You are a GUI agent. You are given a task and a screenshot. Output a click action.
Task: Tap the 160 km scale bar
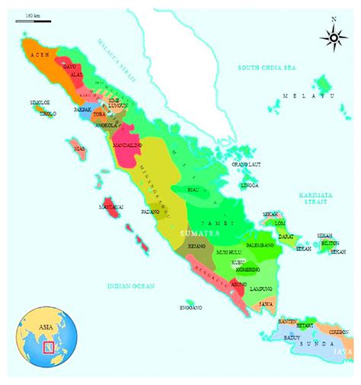[x=34, y=21]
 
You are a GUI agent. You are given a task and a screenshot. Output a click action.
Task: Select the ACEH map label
[x=37, y=56]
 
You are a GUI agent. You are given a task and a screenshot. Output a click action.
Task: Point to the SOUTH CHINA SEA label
[x=264, y=68]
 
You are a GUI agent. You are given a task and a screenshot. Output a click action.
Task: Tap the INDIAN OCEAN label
[x=131, y=285]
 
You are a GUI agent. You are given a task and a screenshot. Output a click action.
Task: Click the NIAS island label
[x=77, y=149]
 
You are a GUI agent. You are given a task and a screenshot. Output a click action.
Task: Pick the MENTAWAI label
[x=111, y=206]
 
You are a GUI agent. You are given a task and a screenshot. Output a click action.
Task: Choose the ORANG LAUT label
[x=246, y=164]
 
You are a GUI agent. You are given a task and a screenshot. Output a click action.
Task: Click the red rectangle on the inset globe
[x=49, y=348]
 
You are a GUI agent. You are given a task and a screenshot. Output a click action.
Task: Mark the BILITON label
[x=331, y=243]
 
